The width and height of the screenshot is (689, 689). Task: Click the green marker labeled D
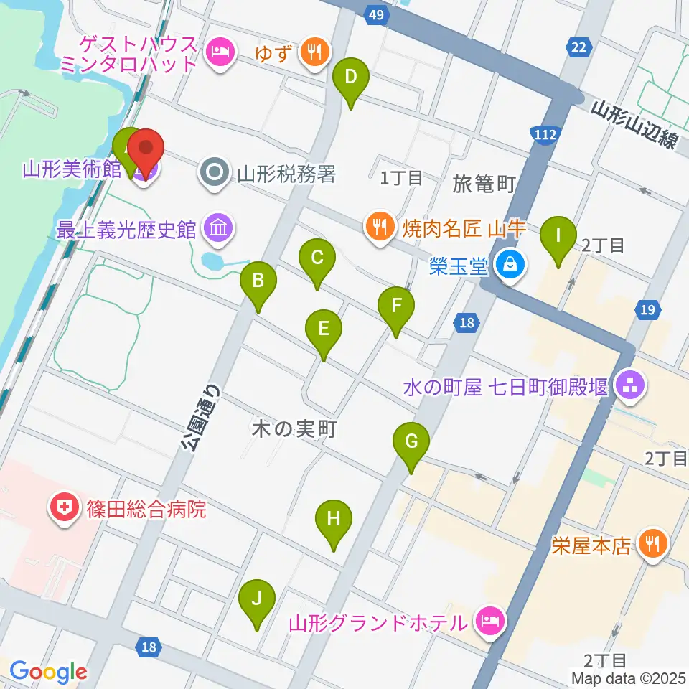tap(350, 77)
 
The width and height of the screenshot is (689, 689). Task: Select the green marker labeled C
tap(317, 258)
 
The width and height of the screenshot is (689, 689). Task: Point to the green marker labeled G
tap(411, 442)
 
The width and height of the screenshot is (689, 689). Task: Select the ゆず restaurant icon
tap(314, 51)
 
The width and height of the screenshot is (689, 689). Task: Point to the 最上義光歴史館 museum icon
tap(217, 230)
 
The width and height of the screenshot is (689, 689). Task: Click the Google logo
tap(47, 672)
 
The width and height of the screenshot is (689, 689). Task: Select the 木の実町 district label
tap(294, 429)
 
